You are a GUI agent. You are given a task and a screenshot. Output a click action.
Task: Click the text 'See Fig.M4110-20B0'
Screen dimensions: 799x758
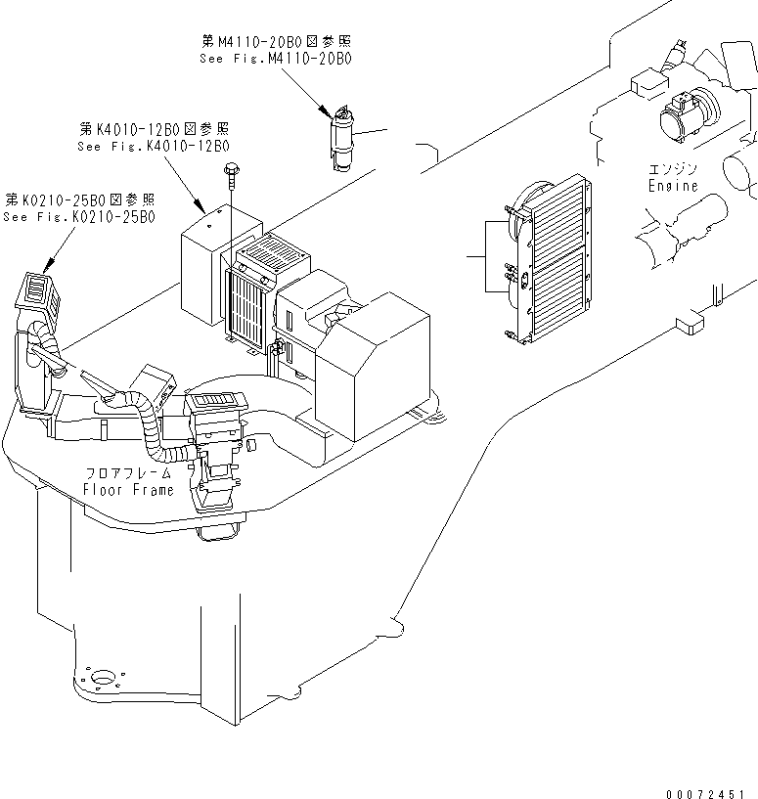pos(275,59)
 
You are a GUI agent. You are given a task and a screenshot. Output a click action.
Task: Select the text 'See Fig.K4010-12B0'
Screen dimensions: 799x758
pos(153,146)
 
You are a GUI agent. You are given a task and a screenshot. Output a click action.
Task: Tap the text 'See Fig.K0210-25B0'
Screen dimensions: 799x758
pos(78,216)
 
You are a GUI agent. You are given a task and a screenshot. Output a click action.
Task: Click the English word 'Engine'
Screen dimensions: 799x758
pos(673,186)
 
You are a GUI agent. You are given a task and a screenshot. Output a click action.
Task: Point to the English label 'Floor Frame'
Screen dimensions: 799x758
pos(128,489)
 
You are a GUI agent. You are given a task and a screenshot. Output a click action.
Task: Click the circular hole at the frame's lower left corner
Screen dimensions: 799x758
pos(100,677)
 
